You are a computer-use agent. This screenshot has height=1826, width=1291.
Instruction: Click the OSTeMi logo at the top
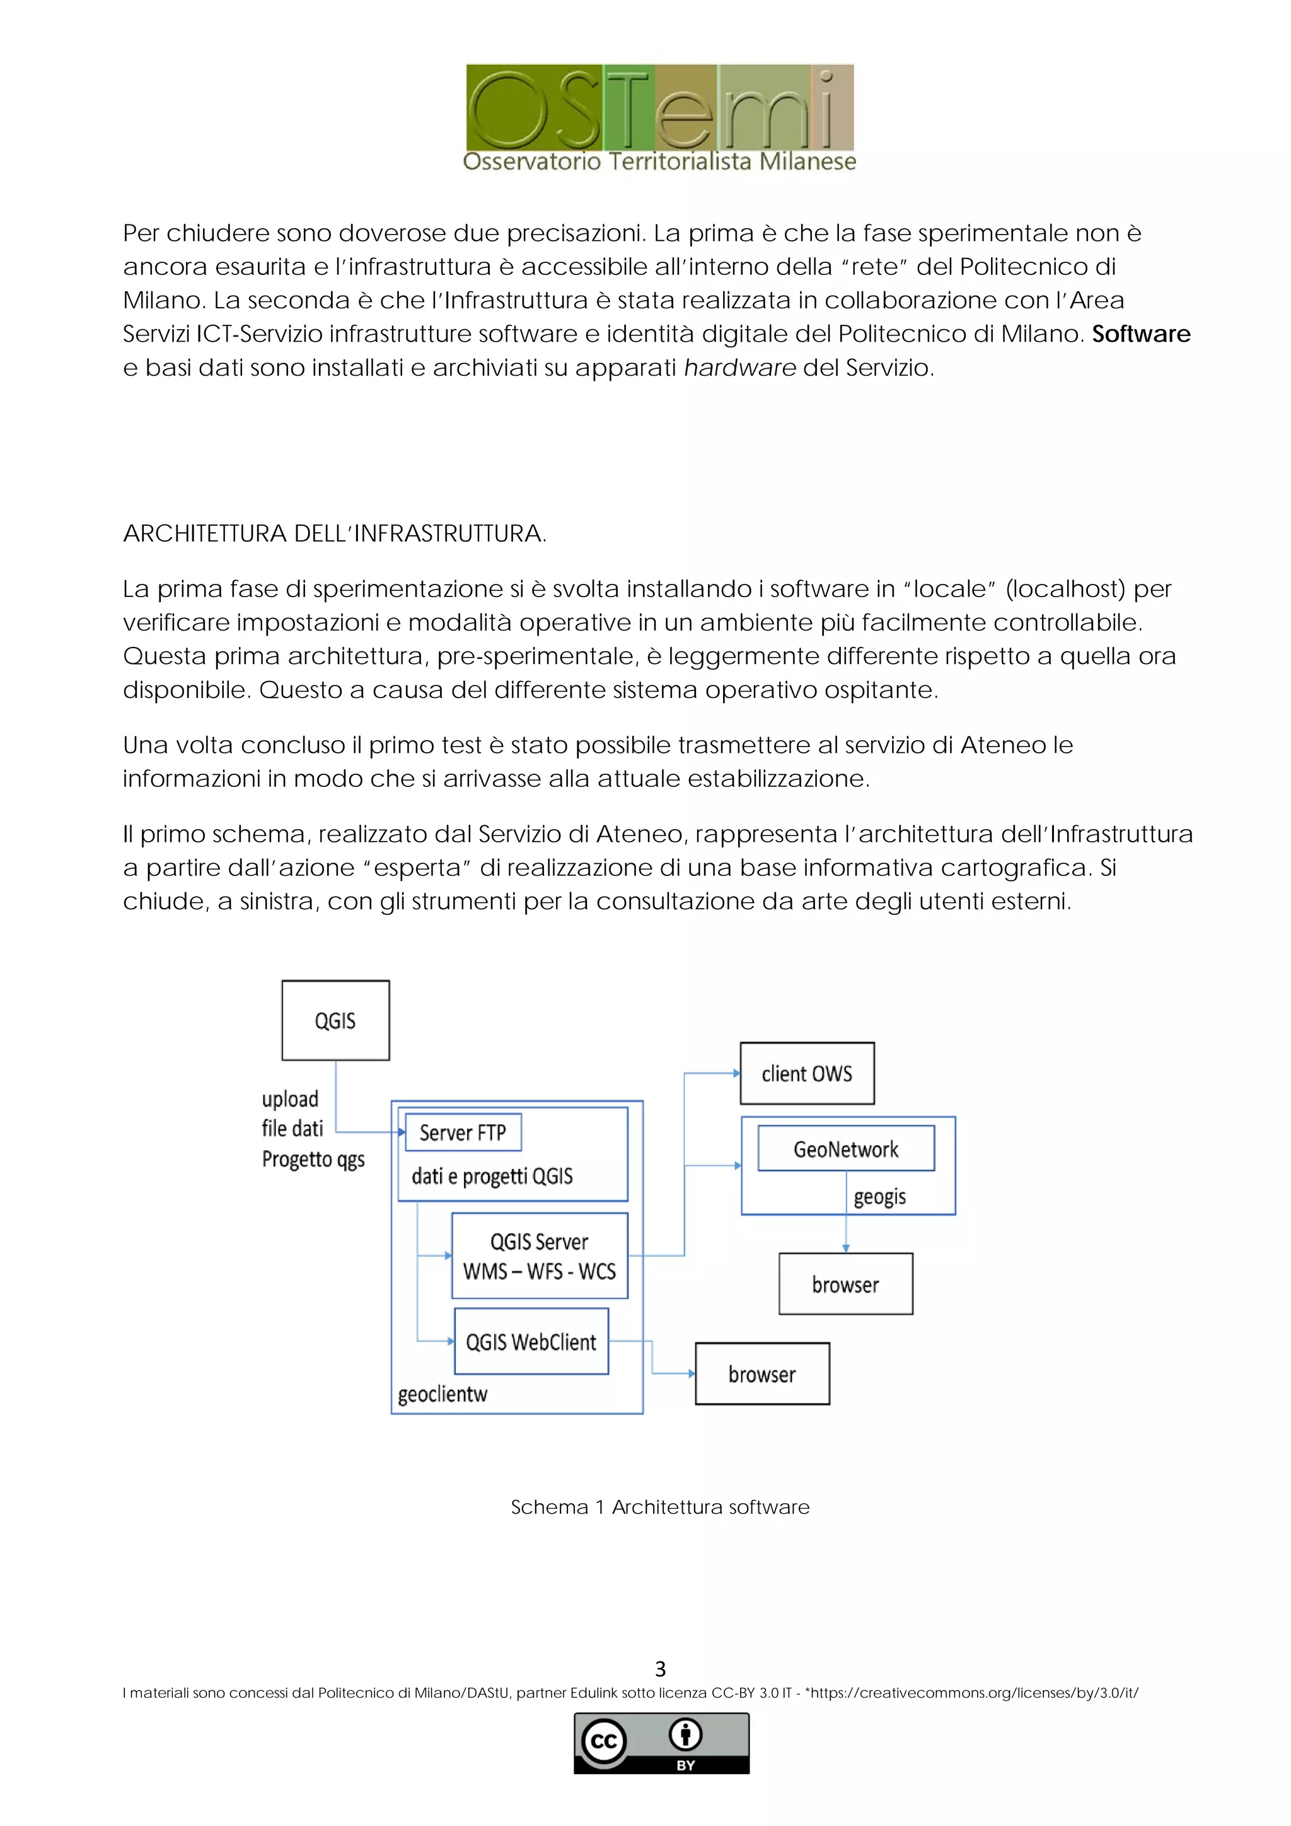coord(660,118)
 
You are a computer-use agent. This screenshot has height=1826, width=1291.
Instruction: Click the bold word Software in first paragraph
coord(1141,334)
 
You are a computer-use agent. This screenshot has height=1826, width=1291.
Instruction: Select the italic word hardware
coord(739,368)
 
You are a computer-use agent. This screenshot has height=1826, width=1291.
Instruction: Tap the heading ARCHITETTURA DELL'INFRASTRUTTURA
coord(335,533)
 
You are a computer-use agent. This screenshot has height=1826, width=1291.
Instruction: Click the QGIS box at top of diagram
coord(335,1020)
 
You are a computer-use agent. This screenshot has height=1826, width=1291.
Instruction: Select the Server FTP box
coord(463,1132)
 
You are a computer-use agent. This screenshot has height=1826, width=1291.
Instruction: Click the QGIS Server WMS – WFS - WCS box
coord(540,1256)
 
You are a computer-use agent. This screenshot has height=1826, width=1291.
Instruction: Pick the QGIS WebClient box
coord(531,1342)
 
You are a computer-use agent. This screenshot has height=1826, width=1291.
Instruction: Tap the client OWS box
coord(807,1074)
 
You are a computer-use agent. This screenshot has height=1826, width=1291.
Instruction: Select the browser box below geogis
coord(846,1284)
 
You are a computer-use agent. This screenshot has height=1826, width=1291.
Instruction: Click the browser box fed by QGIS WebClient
coord(762,1375)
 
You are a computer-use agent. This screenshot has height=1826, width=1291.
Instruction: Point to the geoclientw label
coord(443,1394)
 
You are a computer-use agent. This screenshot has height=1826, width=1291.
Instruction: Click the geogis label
coord(880,1196)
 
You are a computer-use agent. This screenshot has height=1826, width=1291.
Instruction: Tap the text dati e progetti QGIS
coord(492,1176)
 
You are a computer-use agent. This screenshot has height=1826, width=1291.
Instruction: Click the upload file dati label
coord(292,1114)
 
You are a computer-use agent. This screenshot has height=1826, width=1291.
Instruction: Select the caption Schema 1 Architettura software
coord(660,1507)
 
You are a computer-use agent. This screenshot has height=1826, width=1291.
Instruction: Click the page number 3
coord(660,1668)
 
